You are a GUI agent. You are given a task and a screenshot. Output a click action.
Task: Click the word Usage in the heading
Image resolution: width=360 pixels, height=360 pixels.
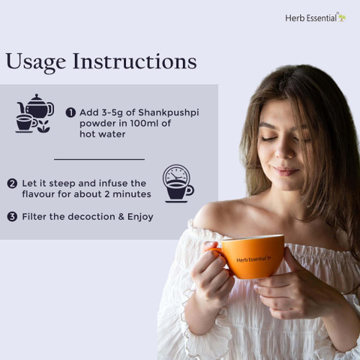pyautogui.click(x=36, y=62)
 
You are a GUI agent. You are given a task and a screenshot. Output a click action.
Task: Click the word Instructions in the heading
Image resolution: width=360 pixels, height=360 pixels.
pyautogui.click(x=135, y=61)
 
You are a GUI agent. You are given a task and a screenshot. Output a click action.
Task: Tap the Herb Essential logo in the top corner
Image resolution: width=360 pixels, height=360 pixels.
pyautogui.click(x=316, y=17)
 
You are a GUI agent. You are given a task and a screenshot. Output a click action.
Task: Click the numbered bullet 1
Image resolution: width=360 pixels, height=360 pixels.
pyautogui.click(x=70, y=112)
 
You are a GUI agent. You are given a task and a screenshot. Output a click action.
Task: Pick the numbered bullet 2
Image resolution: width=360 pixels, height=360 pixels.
pyautogui.click(x=12, y=184)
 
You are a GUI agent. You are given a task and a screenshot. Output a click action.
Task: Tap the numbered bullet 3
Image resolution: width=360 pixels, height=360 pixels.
pyautogui.click(x=12, y=217)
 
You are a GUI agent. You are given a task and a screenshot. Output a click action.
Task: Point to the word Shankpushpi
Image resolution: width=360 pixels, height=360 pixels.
pyautogui.click(x=169, y=113)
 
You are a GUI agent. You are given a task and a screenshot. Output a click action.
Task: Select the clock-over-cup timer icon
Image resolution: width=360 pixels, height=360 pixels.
pyautogui.click(x=178, y=183)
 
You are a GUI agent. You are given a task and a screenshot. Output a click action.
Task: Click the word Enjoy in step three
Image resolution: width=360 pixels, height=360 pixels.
pyautogui.click(x=140, y=217)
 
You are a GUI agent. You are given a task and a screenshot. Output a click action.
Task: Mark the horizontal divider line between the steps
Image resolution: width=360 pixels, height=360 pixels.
pyautogui.click(x=100, y=159)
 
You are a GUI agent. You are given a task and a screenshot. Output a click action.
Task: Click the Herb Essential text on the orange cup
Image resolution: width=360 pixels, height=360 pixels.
pyautogui.click(x=253, y=259)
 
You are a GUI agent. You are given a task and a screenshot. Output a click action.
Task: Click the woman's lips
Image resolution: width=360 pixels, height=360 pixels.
pyautogui.click(x=286, y=171)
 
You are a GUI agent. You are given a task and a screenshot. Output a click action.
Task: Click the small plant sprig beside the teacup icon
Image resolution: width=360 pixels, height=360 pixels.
pyautogui.click(x=43, y=126)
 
